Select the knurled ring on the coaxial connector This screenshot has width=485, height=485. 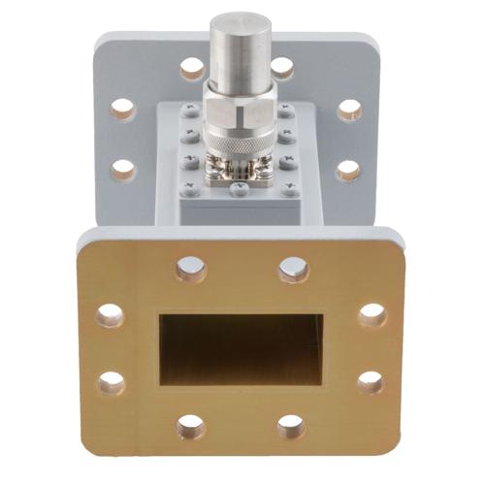pos(240,145)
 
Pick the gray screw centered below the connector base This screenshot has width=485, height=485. pos(240,191)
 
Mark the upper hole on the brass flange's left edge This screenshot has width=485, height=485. pos(110,315)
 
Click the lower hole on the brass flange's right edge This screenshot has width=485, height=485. pos(371,382)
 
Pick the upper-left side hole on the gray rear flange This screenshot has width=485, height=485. pos(123,109)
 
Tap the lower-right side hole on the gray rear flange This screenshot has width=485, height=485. pos(348,171)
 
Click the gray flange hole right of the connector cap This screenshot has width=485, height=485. pos(281,68)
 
